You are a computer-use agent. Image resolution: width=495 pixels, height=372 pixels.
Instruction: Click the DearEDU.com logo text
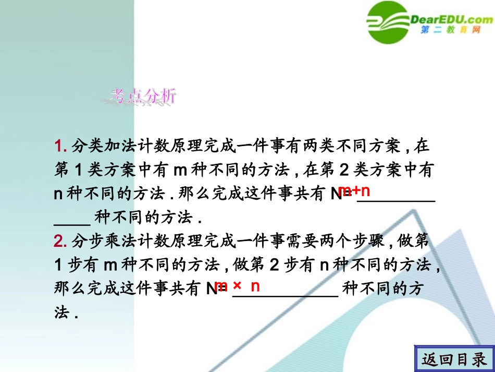click(x=451, y=20)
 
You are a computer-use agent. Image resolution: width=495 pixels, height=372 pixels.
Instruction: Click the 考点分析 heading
click(x=144, y=95)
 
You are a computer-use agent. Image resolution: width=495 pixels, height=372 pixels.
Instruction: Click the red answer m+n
click(x=354, y=190)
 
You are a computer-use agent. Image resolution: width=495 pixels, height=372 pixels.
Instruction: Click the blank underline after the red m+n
click(x=396, y=199)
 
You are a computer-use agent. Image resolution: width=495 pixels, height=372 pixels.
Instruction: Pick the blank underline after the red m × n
click(x=285, y=295)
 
